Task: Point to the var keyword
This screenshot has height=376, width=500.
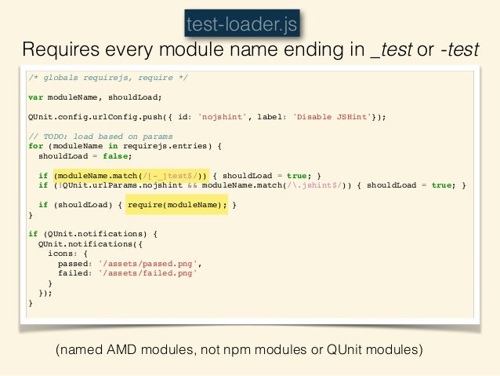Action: point(35,97)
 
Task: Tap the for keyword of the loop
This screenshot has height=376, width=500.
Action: point(35,145)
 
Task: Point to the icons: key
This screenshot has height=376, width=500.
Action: point(63,254)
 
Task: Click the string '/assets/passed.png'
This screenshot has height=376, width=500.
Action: point(155,263)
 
